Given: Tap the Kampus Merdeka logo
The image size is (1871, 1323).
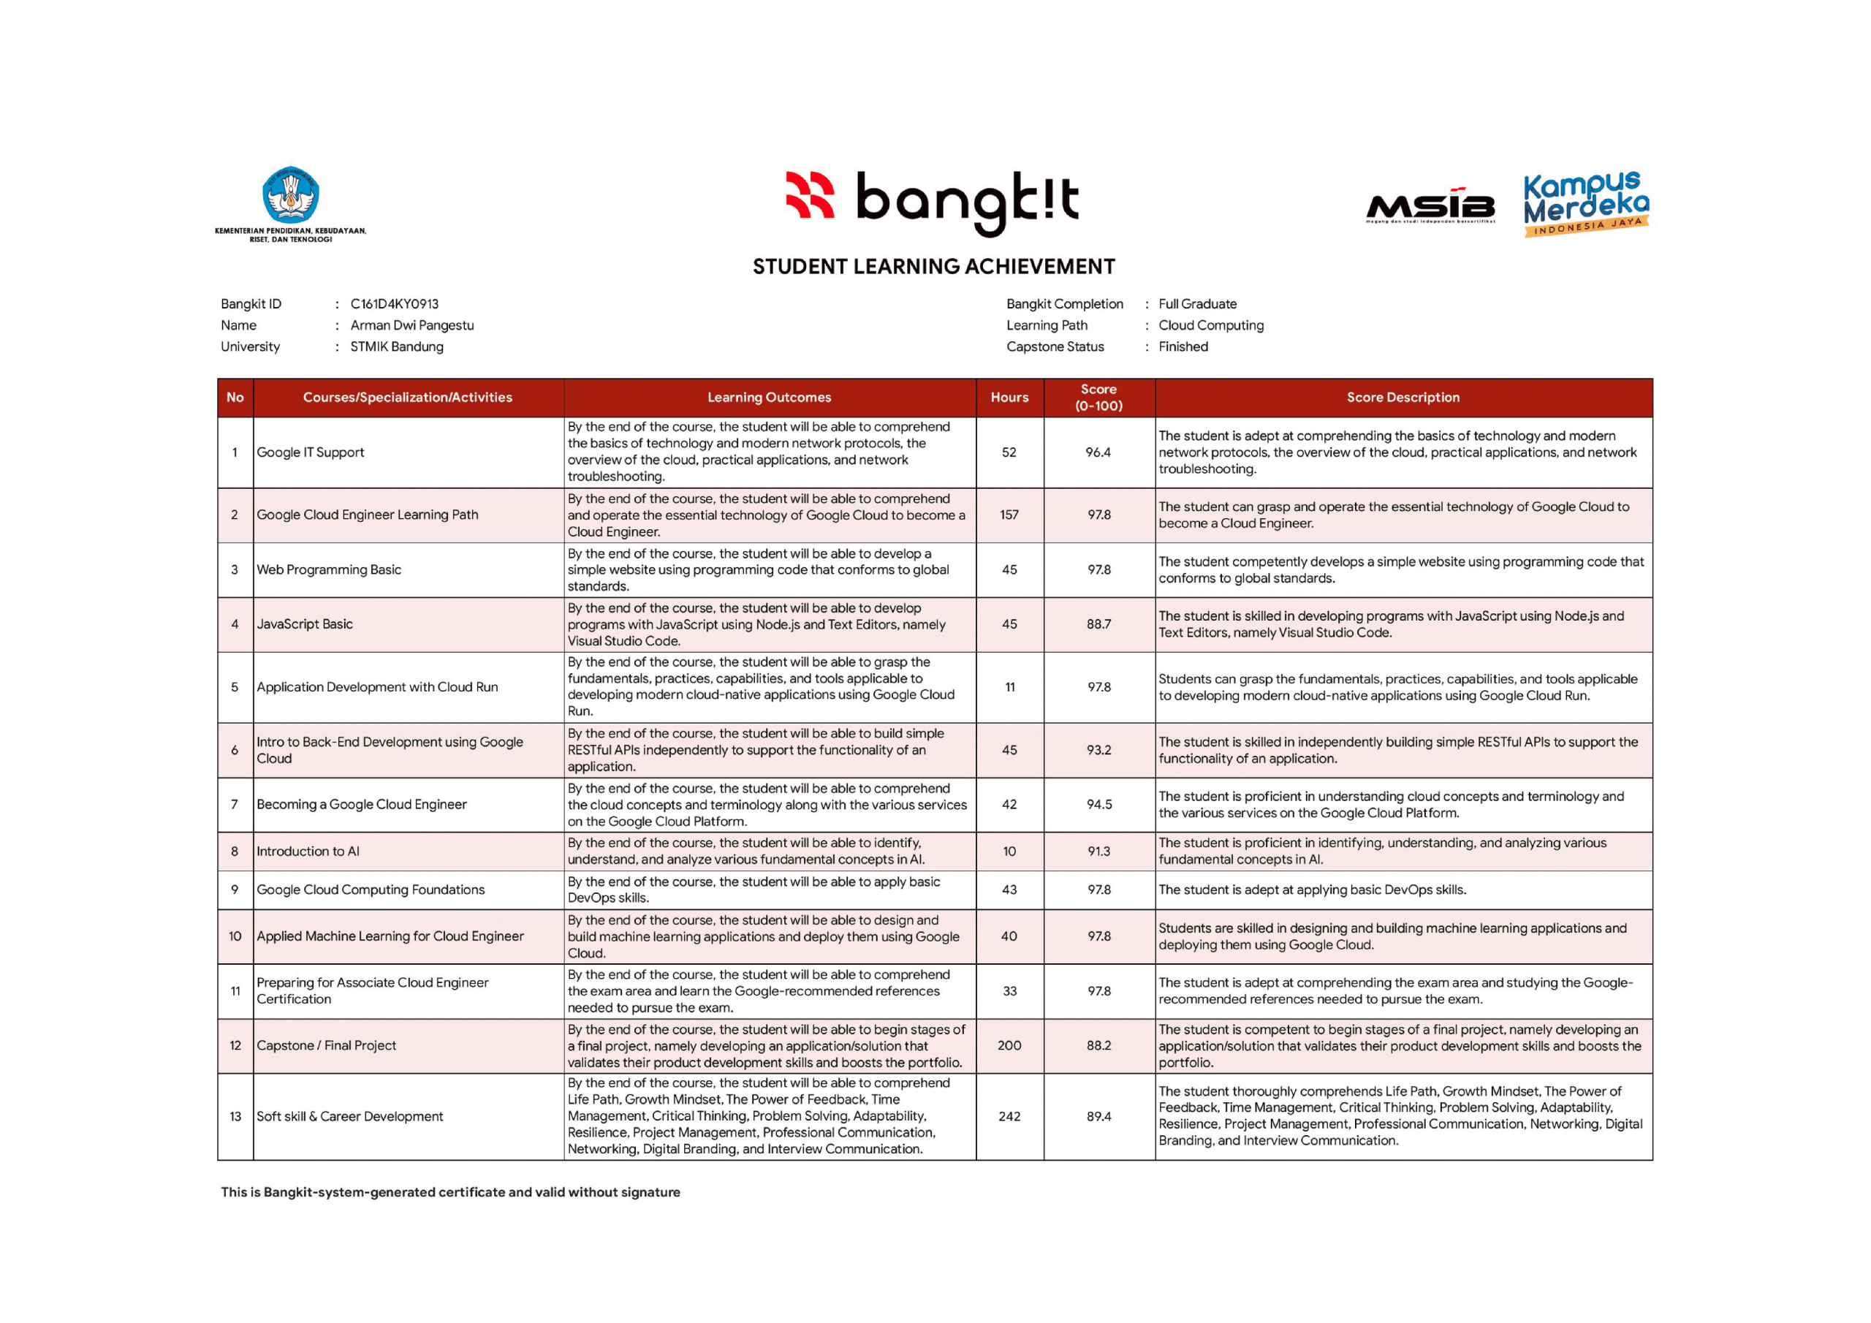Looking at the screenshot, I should pos(1585,204).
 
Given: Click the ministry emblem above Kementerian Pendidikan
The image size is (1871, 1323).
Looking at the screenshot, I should pos(290,195).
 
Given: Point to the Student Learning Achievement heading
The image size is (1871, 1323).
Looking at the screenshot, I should pos(933,267).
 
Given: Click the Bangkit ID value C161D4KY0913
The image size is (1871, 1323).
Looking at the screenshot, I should pos(395,304).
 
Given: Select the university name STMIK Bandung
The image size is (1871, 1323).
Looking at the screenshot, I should pos(397,346).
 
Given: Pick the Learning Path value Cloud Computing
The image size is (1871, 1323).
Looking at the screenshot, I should pos(1211,325).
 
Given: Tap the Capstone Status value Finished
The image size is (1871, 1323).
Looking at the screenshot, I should pos(1183,346).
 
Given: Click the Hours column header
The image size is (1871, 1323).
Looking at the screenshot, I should pos(1009,397).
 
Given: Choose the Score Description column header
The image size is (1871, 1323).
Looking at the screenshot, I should pos(1403,397).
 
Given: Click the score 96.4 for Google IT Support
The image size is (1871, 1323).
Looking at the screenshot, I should pos(1098,452).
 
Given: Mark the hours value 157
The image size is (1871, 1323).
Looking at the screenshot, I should pos(1009,515).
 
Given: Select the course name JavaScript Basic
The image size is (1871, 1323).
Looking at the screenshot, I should pos(305,624).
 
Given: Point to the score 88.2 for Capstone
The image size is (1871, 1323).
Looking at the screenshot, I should pos(1098,1046).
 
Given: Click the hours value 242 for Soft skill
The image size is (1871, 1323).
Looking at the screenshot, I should pos(1009,1117).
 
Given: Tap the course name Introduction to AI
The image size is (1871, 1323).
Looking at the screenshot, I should pos(308,852).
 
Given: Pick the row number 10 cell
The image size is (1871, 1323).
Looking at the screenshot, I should pos(235,936).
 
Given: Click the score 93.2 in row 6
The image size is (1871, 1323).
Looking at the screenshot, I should pos(1098,750).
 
